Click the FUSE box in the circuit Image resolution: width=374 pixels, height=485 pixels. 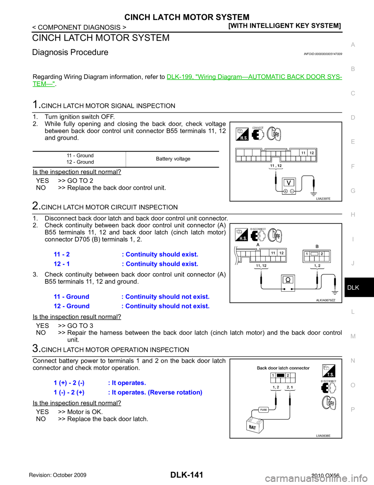(x=264, y=410)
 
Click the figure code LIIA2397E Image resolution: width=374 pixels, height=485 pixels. (x=323, y=198)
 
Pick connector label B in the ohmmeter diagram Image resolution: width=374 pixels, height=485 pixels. (x=317, y=246)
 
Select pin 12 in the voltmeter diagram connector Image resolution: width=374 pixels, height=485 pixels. (x=311, y=153)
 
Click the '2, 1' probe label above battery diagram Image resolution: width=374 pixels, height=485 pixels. (x=290, y=387)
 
